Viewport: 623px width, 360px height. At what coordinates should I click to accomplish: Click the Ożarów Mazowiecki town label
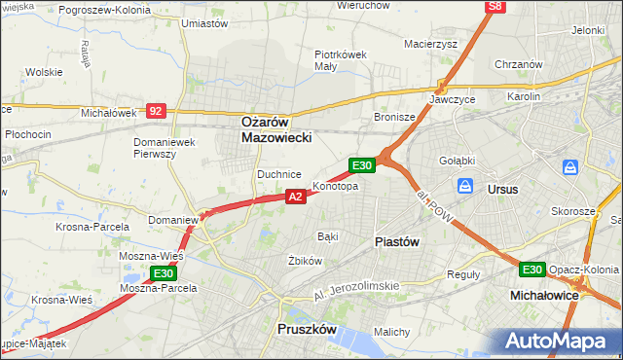pyautogui.click(x=276, y=130)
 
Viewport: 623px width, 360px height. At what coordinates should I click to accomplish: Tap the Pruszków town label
pyautogui.click(x=307, y=330)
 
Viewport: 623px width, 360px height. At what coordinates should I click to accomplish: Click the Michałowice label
pyautogui.click(x=544, y=293)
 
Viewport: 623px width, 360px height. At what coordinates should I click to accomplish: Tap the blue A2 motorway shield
pyautogui.click(x=297, y=197)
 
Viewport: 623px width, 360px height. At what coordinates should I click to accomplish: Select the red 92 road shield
pyautogui.click(x=156, y=111)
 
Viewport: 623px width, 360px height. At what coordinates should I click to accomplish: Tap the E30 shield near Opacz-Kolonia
pyautogui.click(x=531, y=270)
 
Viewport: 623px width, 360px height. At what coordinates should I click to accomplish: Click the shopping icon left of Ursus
pyautogui.click(x=465, y=186)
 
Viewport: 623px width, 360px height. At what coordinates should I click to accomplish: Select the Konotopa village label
pyautogui.click(x=335, y=186)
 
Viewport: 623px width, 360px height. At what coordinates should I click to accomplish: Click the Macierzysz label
pyautogui.click(x=430, y=44)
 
